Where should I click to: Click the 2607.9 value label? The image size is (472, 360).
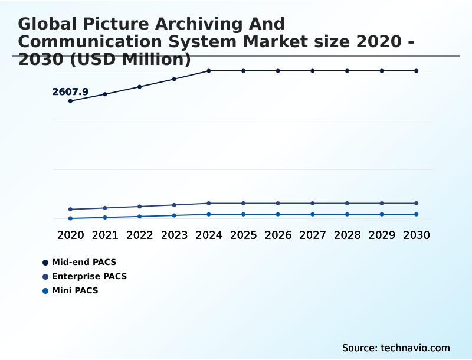70,91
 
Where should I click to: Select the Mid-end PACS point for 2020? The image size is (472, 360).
71,101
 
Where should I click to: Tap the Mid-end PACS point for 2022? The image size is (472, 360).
140,87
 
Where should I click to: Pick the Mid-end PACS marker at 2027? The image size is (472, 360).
313,71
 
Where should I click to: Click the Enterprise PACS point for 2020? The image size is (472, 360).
71,210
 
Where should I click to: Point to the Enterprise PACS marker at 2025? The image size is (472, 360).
243,204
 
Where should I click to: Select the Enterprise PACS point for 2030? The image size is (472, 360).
416,204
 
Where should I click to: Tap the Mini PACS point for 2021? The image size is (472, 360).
105,218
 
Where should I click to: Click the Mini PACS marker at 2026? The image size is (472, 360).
278,214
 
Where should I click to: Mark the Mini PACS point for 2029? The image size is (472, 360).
382,214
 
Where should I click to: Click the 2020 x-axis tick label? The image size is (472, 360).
71,235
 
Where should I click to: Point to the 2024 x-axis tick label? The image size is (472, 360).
209,235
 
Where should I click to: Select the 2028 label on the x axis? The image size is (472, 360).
347,235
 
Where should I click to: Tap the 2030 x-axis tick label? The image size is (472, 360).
416,235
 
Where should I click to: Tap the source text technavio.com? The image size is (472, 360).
415,348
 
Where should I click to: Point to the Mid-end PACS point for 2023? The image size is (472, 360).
174,79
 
